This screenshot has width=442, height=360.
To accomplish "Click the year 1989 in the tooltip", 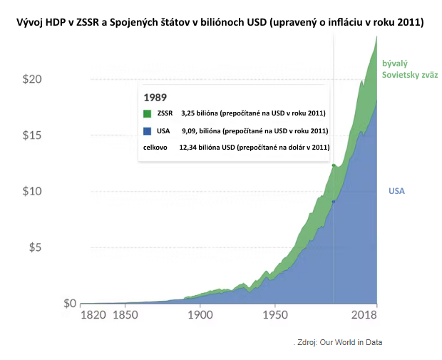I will pos(155,97).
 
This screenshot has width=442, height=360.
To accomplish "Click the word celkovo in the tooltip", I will pos(155,148).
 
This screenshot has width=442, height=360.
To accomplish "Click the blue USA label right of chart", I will pos(396,191).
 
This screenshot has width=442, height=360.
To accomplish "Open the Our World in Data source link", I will pos(351,342).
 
